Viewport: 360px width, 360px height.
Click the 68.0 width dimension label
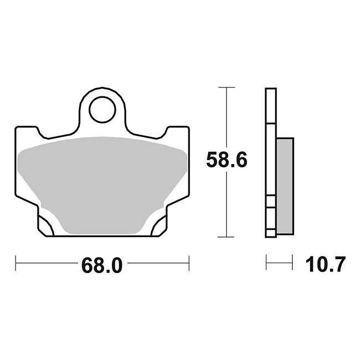102,265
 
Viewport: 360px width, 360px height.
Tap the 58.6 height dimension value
227,160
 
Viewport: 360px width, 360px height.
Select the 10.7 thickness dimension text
325,264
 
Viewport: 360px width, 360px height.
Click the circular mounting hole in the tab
102,110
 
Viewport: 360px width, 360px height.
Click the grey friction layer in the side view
285,186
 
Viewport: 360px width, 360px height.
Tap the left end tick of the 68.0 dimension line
16,263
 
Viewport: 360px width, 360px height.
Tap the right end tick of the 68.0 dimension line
189,263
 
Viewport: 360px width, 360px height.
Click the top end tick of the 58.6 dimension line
227,88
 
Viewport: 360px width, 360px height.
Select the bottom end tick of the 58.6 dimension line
227,236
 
